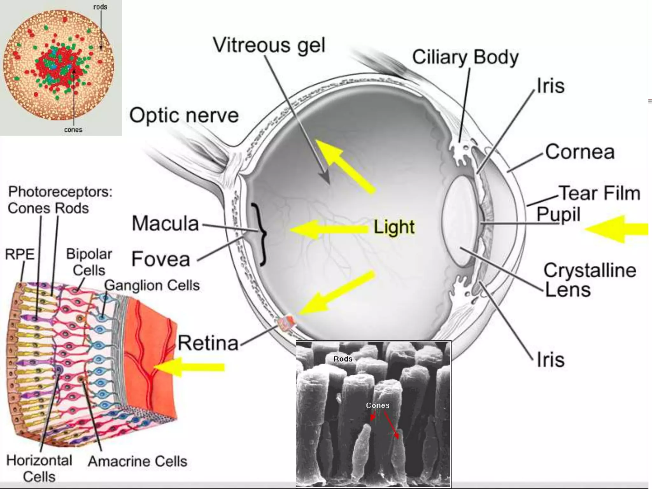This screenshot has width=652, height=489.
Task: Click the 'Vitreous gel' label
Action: click(x=269, y=45)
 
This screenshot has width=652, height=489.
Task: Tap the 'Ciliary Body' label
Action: click(x=465, y=57)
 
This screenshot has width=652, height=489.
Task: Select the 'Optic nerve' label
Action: click(x=184, y=115)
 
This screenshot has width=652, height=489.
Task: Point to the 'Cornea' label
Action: click(x=580, y=152)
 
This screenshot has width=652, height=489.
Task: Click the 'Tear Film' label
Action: click(x=600, y=193)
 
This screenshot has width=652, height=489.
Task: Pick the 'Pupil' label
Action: click(x=558, y=214)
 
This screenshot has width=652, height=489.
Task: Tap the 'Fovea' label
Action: click(x=161, y=259)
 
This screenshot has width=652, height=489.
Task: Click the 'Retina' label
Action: click(x=208, y=343)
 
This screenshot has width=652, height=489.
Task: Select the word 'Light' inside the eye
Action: click(x=394, y=227)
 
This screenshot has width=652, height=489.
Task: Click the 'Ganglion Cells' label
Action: click(x=152, y=285)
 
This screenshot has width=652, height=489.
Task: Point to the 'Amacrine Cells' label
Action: click(x=138, y=461)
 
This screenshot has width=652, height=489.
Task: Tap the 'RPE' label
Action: click(x=19, y=254)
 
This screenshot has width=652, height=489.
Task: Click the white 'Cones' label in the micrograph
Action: click(x=378, y=405)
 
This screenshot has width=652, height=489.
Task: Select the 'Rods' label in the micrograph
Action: click(x=343, y=359)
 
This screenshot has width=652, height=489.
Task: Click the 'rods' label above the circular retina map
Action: click(x=100, y=7)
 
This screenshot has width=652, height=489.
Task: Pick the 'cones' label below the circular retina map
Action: click(x=73, y=130)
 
